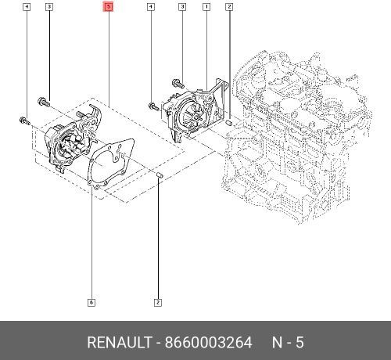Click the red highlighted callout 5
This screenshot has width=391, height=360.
click(x=108, y=7)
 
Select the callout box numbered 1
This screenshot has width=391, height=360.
click(x=206, y=7)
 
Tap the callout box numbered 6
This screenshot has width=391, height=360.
click(x=91, y=303)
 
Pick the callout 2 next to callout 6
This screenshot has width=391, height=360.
click(x=158, y=303)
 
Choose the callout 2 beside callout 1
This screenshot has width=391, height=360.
click(x=229, y=7)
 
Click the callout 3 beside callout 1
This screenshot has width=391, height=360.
click(x=182, y=7)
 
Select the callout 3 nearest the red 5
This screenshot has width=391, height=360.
click(x=49, y=7)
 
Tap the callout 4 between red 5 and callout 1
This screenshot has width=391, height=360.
click(x=150, y=7)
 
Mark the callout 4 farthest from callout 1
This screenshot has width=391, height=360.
click(x=27, y=7)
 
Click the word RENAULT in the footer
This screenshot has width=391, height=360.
click(x=120, y=342)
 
